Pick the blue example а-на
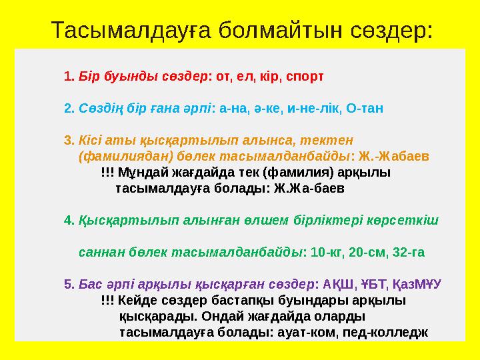coord(233,108)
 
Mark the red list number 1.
coord(68,75)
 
